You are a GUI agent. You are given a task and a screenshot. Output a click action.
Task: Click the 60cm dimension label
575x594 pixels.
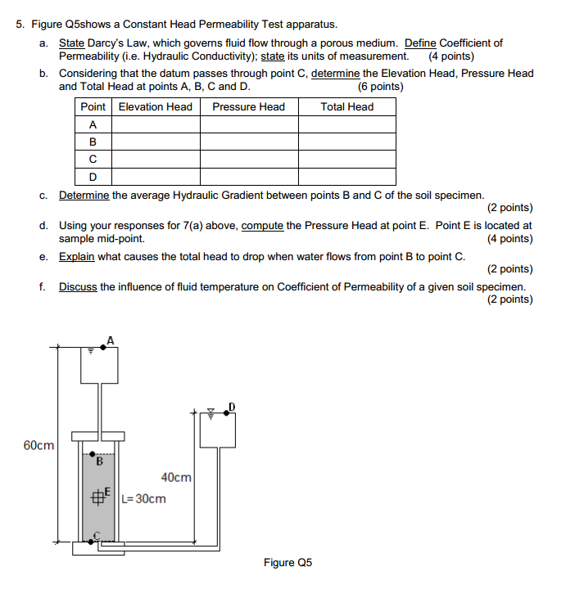[x=39, y=445]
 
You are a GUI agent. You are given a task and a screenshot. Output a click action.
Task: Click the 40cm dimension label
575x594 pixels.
[x=176, y=477]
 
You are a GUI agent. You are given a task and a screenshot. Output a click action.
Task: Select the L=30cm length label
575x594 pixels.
[x=143, y=498]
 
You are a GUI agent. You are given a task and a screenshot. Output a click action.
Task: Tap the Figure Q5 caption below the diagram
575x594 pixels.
[x=287, y=562]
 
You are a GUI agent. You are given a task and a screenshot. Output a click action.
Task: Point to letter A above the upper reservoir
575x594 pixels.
[x=110, y=341]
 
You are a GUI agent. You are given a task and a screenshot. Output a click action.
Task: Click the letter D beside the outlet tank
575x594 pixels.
[x=231, y=407]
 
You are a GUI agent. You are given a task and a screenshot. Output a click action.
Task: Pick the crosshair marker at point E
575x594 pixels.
[x=97, y=497]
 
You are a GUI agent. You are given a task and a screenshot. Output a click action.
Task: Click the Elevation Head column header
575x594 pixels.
[x=156, y=107]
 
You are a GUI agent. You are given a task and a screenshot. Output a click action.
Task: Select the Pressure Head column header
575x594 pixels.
[x=248, y=107]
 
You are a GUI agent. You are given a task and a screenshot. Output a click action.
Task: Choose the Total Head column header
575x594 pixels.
[x=346, y=107]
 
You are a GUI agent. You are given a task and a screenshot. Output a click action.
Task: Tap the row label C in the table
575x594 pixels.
[x=93, y=159]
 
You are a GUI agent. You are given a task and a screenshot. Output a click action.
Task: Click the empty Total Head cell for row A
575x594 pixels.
[x=346, y=124]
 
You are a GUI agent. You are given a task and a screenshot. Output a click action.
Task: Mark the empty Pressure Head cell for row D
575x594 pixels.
[x=248, y=176]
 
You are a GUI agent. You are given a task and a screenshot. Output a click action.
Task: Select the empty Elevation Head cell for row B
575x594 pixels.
[x=156, y=142]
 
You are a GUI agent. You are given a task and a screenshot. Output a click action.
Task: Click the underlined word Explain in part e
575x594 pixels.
[x=77, y=256]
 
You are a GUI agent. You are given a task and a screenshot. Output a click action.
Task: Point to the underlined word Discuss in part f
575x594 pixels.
[x=78, y=287]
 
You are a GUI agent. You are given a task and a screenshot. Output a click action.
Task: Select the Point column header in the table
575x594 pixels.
[x=93, y=107]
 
